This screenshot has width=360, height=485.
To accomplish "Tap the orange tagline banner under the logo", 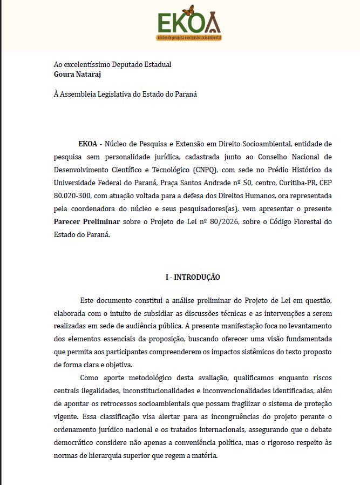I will point(189,38).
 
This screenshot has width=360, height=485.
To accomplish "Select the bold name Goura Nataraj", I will point(78,74).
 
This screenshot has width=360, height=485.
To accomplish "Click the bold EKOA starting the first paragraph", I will point(87,144).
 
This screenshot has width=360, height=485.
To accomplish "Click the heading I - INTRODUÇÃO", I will point(193,277).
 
